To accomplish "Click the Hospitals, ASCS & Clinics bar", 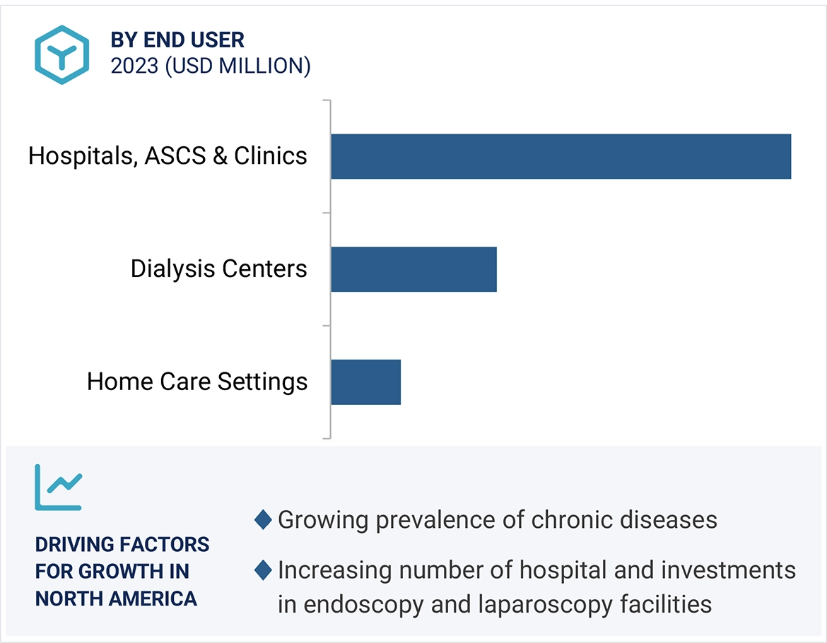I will click(x=561, y=156).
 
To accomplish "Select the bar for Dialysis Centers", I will click(x=413, y=269).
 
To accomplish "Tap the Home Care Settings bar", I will click(x=365, y=382).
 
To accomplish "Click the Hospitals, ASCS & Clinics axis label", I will click(x=168, y=155).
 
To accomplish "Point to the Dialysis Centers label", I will click(x=218, y=269).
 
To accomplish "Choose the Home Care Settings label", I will click(x=197, y=382).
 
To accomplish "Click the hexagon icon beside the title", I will click(x=62, y=54).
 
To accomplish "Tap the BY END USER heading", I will click(x=177, y=40).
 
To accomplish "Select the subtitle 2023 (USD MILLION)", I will click(x=210, y=66).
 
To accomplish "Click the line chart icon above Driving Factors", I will click(x=59, y=487).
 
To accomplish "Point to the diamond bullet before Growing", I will click(x=263, y=520).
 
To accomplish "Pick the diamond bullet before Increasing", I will click(x=263, y=570).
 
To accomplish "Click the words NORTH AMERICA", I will click(x=116, y=599).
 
